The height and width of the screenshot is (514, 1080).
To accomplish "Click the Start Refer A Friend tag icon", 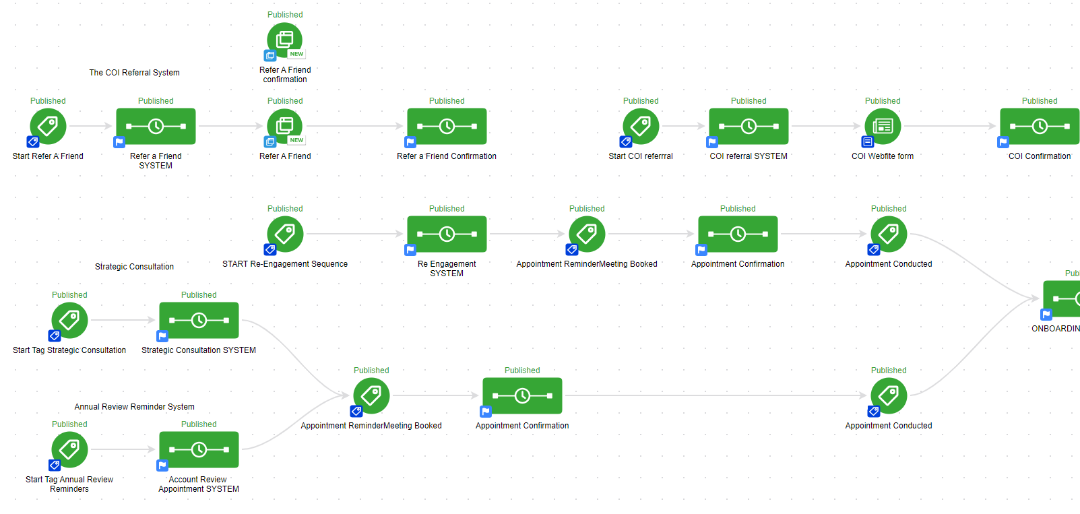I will click(x=48, y=126).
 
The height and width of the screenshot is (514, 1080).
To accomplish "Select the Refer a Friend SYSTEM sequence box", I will click(x=156, y=126).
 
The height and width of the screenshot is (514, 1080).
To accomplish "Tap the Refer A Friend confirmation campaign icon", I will click(x=285, y=40).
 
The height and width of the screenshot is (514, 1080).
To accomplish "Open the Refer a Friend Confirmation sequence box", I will click(x=447, y=126).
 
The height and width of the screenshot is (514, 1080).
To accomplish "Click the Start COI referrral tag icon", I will click(x=641, y=126).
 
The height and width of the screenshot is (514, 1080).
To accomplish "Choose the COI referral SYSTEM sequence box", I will click(x=749, y=126).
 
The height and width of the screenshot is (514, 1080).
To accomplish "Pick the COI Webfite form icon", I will click(x=883, y=126).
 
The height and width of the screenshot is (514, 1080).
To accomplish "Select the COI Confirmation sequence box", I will click(x=1040, y=126).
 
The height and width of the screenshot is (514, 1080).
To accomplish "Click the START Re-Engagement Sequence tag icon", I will click(x=285, y=234).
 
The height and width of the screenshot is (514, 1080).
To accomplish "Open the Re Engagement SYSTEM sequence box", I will click(x=447, y=234).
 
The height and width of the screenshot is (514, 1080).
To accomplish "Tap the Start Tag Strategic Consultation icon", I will click(x=69, y=320).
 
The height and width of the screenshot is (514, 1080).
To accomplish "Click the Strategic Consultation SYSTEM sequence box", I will click(x=199, y=320).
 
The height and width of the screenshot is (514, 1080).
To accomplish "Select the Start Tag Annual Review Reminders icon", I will click(x=69, y=449).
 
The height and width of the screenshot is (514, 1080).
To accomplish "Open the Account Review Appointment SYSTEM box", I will click(x=199, y=449).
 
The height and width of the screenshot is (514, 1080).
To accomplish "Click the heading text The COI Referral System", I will click(x=134, y=73).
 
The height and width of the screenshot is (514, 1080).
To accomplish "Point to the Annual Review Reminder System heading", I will click(x=134, y=407).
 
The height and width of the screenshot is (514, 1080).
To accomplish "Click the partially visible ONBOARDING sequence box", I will click(x=1062, y=298).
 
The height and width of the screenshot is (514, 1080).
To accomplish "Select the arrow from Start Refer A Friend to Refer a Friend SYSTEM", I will click(x=90, y=126).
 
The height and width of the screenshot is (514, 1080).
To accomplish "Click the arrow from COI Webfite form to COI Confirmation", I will click(x=950, y=126).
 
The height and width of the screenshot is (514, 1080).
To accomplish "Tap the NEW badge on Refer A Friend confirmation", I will click(x=296, y=54).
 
